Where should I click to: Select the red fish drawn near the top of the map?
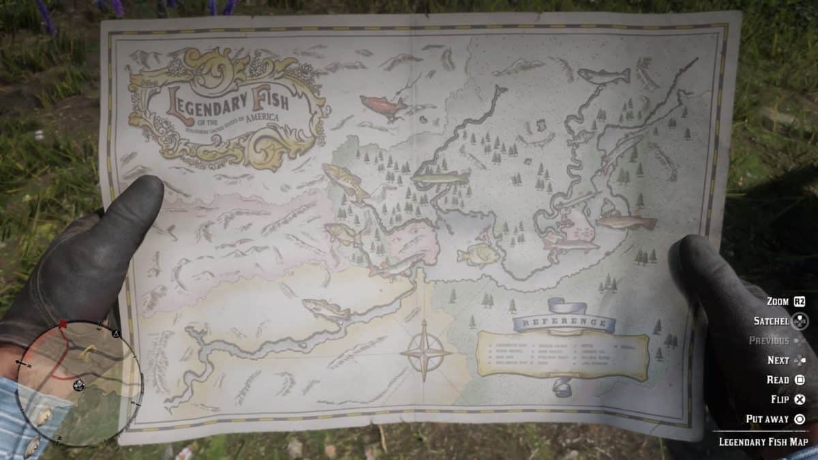point(382,105)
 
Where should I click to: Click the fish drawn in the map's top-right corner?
point(603,75)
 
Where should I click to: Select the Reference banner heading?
point(564,321)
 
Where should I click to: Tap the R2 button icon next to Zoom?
point(800,301)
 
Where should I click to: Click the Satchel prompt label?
point(771,321)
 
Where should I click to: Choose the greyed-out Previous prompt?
point(768,341)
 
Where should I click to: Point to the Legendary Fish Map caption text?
point(762,442)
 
